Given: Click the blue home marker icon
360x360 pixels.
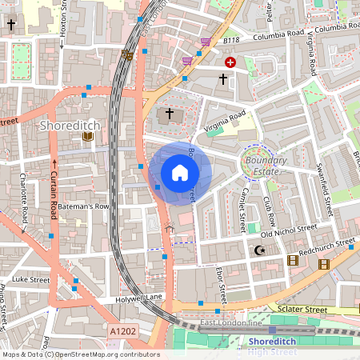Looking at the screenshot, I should coord(180,172).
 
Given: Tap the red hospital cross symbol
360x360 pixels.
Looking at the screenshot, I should coord(230,62).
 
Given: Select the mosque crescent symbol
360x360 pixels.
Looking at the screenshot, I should coord(258,251).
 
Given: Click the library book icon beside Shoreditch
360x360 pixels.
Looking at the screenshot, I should coord(88,137).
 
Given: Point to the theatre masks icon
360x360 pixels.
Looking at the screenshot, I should coord(126,55).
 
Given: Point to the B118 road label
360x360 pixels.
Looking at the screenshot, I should coord(231,39).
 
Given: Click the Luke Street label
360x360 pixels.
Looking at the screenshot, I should coord(30,280).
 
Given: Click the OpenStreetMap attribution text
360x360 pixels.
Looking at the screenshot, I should coord(81,354).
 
